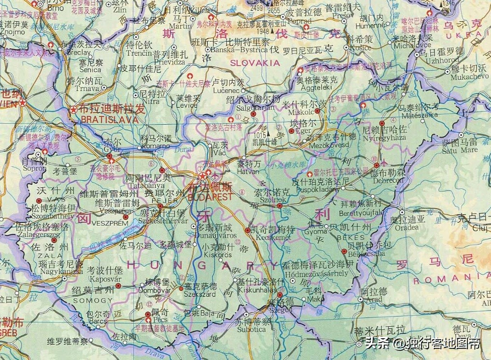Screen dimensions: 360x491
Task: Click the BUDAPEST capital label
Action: [210, 198]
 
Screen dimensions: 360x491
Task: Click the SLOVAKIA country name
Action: [254, 63]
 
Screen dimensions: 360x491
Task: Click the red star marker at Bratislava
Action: [73, 110]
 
